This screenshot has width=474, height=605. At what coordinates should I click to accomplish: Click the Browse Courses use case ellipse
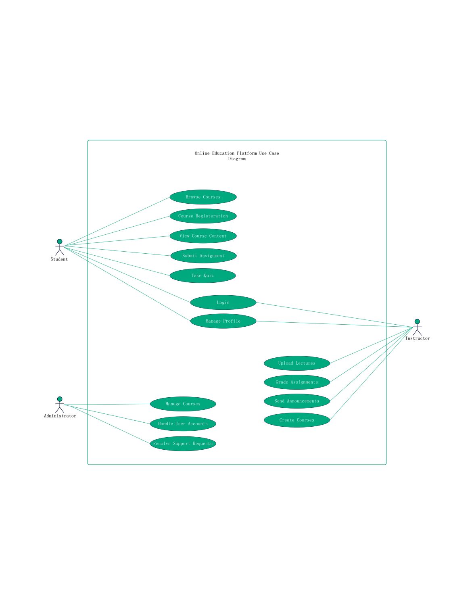pyautogui.click(x=203, y=197)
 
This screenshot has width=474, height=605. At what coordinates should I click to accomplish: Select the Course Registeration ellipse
pyautogui.click(x=203, y=216)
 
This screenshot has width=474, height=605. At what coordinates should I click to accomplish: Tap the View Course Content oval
pyautogui.click(x=203, y=236)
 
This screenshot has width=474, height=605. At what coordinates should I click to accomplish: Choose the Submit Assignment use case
pyautogui.click(x=203, y=256)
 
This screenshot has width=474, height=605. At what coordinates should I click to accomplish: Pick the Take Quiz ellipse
pyautogui.click(x=203, y=275)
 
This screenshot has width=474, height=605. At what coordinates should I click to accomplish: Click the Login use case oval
pyautogui.click(x=223, y=302)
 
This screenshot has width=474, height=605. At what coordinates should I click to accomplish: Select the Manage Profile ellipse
pyautogui.click(x=223, y=321)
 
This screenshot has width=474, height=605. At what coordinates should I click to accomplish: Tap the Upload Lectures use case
pyautogui.click(x=297, y=363)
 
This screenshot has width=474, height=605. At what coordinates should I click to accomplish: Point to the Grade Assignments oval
pyautogui.click(x=297, y=382)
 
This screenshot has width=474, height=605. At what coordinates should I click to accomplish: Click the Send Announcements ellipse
pyautogui.click(x=297, y=401)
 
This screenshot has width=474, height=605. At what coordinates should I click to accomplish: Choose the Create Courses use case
pyautogui.click(x=297, y=420)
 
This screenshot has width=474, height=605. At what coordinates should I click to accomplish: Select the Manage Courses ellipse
pyautogui.click(x=183, y=404)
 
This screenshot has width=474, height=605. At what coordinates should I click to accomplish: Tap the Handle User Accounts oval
pyautogui.click(x=183, y=423)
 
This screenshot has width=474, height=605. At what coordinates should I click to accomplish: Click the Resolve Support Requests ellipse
pyautogui.click(x=183, y=444)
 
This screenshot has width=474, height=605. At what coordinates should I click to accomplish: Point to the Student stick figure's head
pyautogui.click(x=60, y=241)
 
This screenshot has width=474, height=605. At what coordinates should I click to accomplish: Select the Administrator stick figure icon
pyautogui.click(x=60, y=405)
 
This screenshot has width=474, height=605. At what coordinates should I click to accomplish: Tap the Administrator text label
pyautogui.click(x=60, y=416)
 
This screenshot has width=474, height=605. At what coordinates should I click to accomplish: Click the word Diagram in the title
pyautogui.click(x=237, y=159)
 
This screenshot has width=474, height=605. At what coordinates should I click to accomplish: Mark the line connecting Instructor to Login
pyautogui.click(x=334, y=315)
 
